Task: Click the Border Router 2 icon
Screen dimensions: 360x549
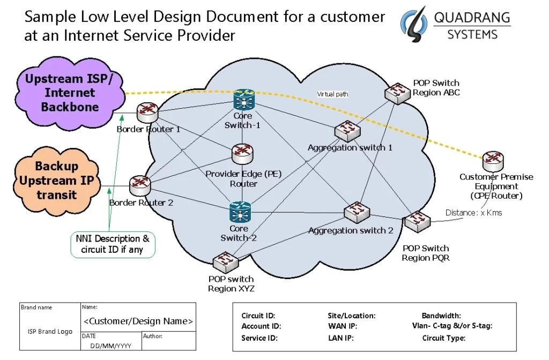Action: (x=140, y=185)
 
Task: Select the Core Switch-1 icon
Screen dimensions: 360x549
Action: (x=244, y=100)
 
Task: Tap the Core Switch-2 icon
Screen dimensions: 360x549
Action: (x=240, y=212)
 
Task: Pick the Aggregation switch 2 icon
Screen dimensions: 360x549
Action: (x=357, y=212)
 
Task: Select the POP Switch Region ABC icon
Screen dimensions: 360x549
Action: (x=397, y=93)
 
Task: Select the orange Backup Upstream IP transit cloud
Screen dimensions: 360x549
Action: (x=56, y=181)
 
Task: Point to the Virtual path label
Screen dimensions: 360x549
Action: (x=332, y=94)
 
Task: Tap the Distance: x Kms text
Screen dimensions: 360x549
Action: (x=473, y=213)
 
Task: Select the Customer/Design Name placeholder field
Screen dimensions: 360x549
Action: (x=138, y=321)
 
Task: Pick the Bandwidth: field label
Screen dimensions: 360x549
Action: (x=441, y=316)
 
